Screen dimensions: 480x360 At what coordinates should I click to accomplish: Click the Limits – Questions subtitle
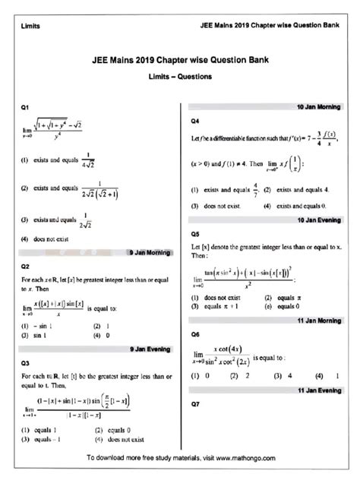(179, 76)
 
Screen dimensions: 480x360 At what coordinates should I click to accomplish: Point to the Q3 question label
(26, 362)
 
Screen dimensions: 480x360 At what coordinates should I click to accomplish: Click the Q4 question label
(195, 122)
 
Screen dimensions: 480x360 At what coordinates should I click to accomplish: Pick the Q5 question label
(195, 234)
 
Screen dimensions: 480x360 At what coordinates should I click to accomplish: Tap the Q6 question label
(195, 334)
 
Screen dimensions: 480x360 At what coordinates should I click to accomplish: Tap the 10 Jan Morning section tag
(318, 108)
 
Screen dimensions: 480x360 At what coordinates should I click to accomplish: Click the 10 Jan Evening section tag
(318, 219)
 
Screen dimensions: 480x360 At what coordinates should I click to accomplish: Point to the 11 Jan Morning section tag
(318, 321)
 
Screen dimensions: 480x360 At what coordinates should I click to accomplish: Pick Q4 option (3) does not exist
(217, 206)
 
